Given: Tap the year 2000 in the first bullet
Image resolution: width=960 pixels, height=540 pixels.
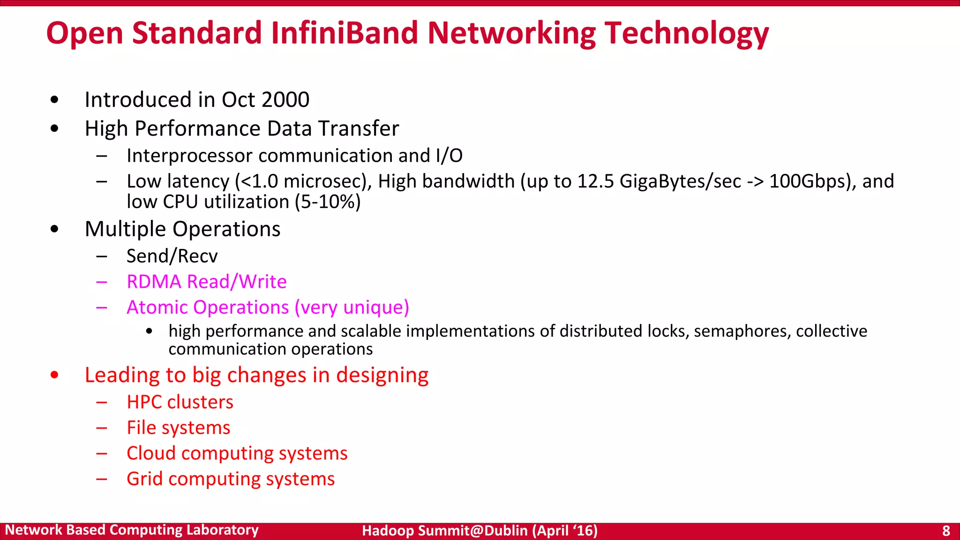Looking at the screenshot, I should (285, 100).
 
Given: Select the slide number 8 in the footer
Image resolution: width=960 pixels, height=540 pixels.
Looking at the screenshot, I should (946, 531).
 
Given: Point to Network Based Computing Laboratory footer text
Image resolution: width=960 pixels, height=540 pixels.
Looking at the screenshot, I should (132, 530).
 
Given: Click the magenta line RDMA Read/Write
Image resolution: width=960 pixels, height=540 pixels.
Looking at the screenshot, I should (206, 282).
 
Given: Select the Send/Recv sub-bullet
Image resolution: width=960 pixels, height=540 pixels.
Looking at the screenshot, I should (172, 256).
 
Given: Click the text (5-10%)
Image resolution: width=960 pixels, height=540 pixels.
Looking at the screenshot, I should (328, 202).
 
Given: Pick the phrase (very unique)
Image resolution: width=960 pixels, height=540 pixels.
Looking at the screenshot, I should (352, 307).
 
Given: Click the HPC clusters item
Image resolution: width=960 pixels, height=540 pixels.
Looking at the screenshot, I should (180, 402).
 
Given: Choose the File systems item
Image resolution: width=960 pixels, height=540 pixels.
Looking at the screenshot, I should (178, 428).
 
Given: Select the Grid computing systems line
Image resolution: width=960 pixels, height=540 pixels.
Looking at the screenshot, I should (231, 479).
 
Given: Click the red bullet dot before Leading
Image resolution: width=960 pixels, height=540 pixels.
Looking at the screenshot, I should (54, 375).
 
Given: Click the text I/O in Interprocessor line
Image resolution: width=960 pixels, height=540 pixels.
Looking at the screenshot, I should (449, 156).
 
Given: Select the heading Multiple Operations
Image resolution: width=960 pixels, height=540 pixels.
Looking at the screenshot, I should (182, 229).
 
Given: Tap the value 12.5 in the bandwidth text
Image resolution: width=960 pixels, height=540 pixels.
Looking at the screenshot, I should (595, 181).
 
